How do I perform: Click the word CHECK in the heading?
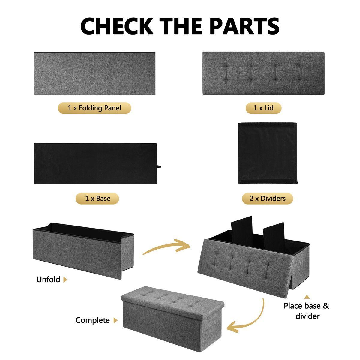point(117,26)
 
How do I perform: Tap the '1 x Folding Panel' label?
point(94,108)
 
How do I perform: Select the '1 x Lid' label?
point(263,108)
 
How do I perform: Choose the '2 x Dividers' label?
point(268,198)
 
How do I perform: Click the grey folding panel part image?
point(94,73)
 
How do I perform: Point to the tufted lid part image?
point(264,73)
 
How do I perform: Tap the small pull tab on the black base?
point(159,166)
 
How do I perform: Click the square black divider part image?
point(268,153)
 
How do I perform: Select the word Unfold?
point(48,280)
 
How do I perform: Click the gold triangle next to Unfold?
point(65,280)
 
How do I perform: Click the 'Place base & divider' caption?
point(307,311)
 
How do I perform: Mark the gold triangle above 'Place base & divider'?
point(307,297)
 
